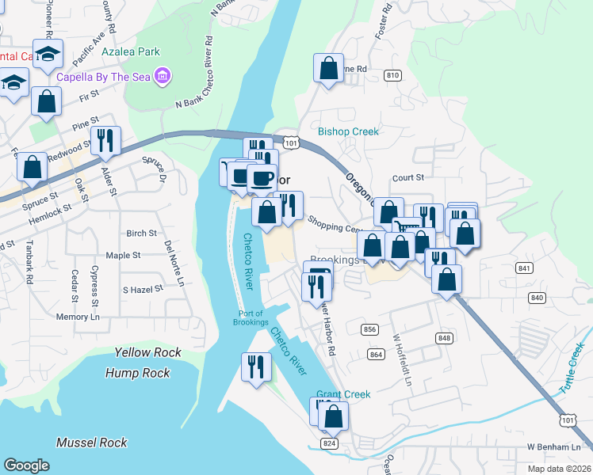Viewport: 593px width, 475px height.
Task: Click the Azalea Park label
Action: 131,52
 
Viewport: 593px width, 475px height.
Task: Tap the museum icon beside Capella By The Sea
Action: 163,77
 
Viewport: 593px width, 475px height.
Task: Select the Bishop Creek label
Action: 348,131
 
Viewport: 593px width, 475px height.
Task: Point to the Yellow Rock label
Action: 147,352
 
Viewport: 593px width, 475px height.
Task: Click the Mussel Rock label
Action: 91,443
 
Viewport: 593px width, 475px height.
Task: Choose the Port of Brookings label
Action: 253,317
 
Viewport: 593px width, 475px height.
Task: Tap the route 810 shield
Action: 392,75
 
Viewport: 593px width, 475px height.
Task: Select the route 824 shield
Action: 329,443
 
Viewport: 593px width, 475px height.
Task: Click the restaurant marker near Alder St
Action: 105,141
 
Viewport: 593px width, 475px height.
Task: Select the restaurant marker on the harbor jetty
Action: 256,367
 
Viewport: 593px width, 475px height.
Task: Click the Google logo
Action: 26,465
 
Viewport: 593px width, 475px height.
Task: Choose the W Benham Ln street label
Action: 553,448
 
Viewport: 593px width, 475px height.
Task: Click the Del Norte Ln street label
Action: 174,264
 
